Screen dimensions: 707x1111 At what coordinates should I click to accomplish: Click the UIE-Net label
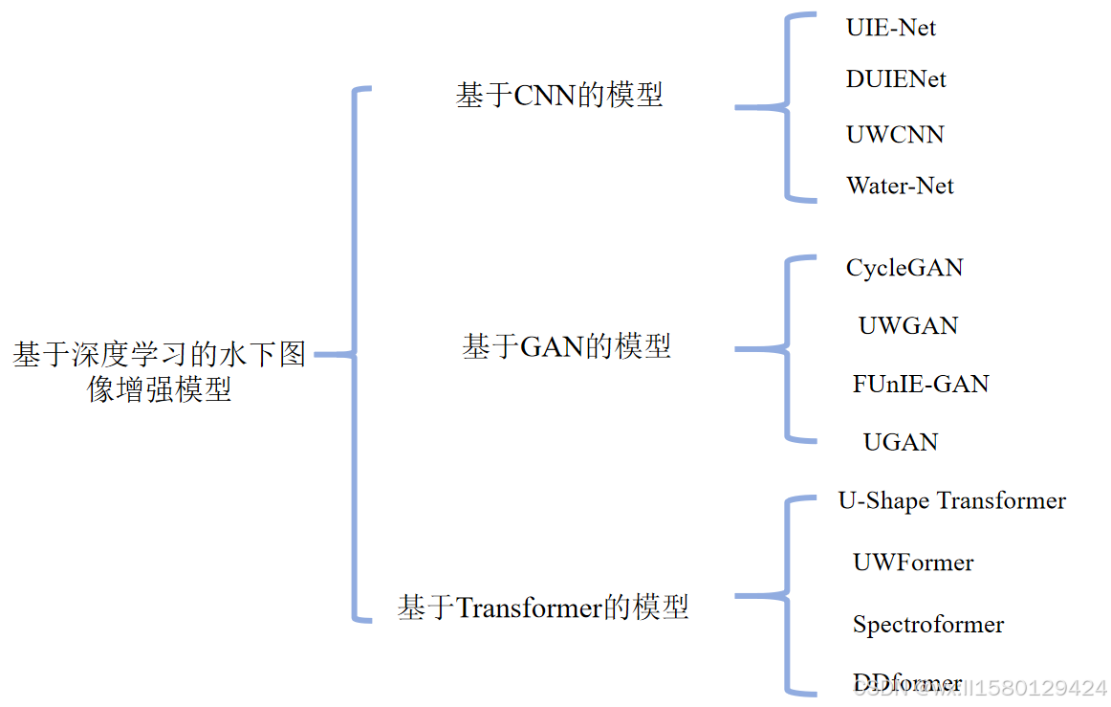[x=890, y=27]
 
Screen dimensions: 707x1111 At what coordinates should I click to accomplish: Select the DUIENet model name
[x=896, y=78]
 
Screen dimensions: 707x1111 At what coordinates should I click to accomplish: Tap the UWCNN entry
[x=895, y=134]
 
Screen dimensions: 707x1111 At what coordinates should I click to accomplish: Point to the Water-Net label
[x=900, y=185]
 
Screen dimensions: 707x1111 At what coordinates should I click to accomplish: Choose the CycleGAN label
[x=904, y=268]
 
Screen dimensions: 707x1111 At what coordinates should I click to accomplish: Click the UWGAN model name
[x=907, y=325]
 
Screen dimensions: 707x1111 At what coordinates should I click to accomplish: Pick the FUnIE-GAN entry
[x=921, y=384]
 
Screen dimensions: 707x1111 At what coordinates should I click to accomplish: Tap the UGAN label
[x=901, y=441]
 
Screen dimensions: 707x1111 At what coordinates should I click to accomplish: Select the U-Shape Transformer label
[x=951, y=500]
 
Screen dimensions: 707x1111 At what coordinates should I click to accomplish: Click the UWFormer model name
[x=913, y=563]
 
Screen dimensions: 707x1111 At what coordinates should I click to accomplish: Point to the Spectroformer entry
[x=928, y=625]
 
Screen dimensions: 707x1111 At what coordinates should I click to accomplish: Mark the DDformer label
[x=906, y=683]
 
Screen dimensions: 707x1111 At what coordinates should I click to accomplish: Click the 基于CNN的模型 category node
[x=559, y=95]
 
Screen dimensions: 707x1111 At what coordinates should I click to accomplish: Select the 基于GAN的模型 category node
[x=566, y=345]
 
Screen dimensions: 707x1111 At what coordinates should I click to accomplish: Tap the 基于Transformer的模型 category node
[x=543, y=607]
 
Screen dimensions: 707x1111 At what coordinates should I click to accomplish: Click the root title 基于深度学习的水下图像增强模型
[x=160, y=371]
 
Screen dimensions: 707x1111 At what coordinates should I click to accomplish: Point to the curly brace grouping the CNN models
[x=788, y=107]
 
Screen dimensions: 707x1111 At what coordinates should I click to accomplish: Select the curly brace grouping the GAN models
[x=788, y=349]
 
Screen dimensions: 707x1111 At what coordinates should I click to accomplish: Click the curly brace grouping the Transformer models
[x=788, y=596]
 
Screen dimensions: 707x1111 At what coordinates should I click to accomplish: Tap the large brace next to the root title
[x=356, y=355]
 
